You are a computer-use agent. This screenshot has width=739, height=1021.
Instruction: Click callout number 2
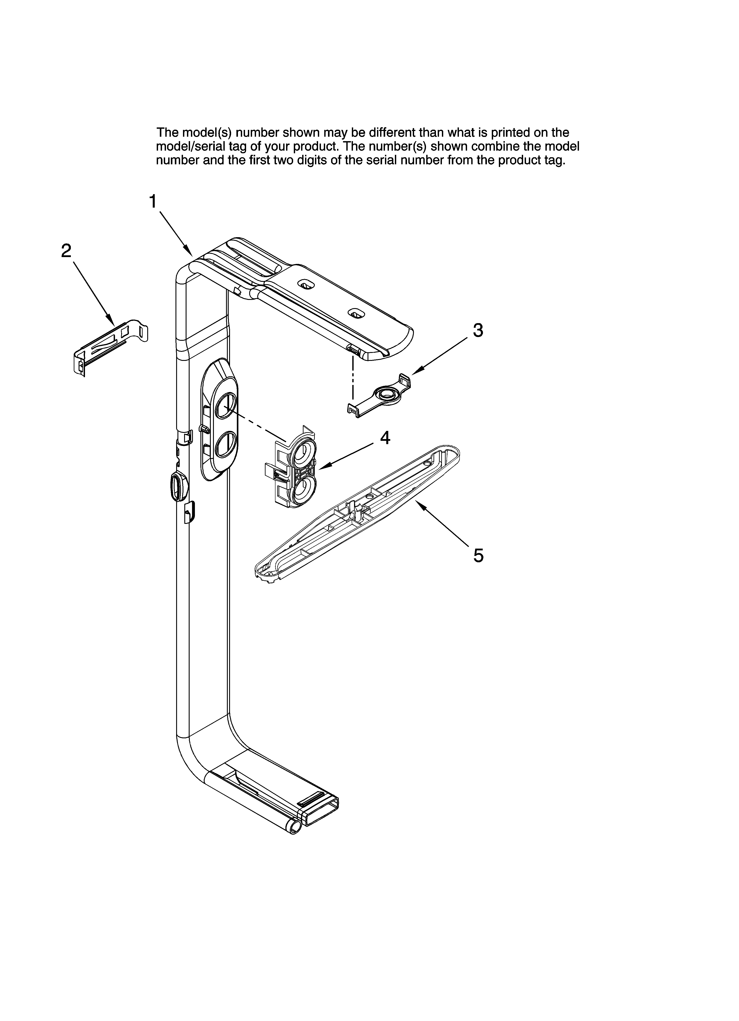(66, 251)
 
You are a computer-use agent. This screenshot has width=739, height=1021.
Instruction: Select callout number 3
(478, 330)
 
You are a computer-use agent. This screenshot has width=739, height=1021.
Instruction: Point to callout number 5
(478, 555)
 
